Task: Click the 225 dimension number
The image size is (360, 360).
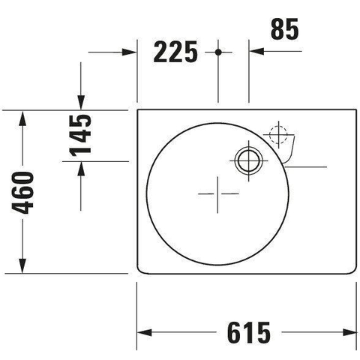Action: coord(175,52)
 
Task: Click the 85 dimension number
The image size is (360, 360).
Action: coord(285,29)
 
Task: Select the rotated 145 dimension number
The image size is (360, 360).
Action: coord(80,135)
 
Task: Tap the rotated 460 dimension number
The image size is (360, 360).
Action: coord(22,193)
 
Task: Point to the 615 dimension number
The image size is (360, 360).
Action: coord(249,333)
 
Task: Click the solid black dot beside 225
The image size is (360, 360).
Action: coord(218,52)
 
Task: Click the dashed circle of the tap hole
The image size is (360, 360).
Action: coord(278,135)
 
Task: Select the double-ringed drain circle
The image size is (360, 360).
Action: coord(248,160)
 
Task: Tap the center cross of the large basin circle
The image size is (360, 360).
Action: coord(217,193)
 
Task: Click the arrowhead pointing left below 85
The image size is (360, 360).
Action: coord(256,52)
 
